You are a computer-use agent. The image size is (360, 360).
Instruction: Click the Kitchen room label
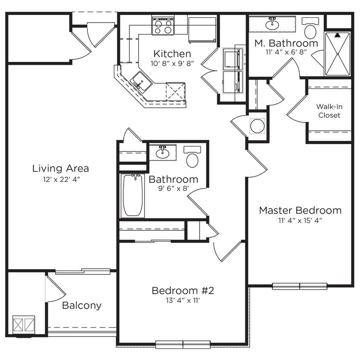tap(172, 54)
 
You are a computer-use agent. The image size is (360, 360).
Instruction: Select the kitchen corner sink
tap(140, 81)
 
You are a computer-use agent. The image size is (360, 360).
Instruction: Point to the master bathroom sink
tap(272, 24)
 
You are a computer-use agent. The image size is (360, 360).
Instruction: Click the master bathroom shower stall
tap(338, 54)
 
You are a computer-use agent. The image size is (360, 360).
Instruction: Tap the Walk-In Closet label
tap(328, 111)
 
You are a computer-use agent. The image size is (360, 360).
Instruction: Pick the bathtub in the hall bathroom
tap(133, 195)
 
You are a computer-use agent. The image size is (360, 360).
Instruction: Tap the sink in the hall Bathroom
tap(162, 152)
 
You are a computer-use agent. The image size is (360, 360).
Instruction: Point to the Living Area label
tap(61, 168)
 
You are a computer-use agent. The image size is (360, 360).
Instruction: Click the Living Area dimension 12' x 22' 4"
tap(61, 179)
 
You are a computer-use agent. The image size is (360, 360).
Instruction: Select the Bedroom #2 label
tap(182, 291)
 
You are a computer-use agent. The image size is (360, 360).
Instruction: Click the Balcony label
tap(81, 305)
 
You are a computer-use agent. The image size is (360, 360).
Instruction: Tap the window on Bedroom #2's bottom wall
tap(183, 343)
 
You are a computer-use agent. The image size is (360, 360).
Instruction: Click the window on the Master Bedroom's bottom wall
tap(299, 286)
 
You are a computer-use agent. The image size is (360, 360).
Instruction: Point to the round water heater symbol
tap(257, 126)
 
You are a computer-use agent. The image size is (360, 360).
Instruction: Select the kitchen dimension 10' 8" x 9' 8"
tap(172, 64)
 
